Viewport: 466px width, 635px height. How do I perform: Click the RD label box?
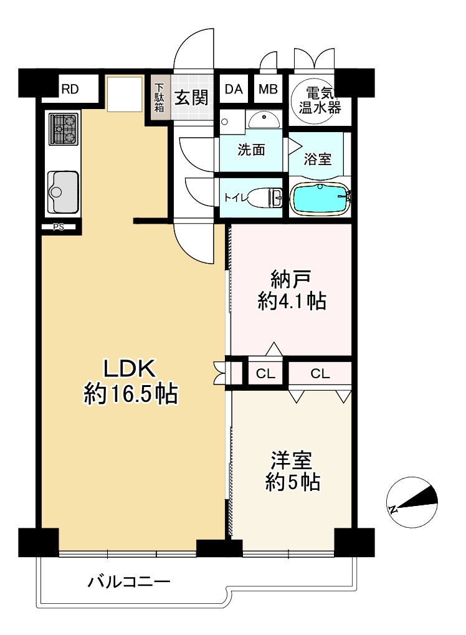(70, 89)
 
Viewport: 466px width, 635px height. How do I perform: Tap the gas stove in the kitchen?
(64, 129)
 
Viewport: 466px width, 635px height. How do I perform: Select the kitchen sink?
(63, 192)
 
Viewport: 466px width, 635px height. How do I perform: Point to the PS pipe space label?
(59, 227)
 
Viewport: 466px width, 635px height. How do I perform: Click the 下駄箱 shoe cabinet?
(160, 98)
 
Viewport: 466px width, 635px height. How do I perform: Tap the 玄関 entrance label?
(191, 98)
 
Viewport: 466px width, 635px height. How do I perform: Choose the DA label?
(234, 88)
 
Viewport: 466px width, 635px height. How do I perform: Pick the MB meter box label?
(268, 88)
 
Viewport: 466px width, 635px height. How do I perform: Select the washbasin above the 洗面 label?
(264, 120)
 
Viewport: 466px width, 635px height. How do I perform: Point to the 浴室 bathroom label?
(318, 159)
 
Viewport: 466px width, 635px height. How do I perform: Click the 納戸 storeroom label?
(291, 279)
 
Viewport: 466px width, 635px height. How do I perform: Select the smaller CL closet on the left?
(265, 373)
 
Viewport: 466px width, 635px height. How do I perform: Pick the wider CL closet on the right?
(320, 373)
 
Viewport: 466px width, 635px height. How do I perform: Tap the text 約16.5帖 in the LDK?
(131, 394)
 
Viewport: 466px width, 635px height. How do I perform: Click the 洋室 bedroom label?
(292, 460)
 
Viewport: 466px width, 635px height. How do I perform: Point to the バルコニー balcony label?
(130, 583)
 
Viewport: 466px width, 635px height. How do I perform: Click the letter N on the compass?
(392, 509)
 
